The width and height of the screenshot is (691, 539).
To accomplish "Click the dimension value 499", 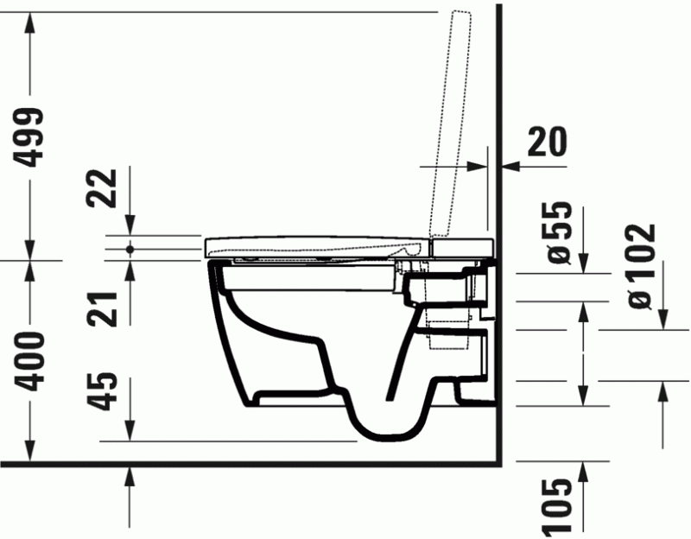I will point(31,136).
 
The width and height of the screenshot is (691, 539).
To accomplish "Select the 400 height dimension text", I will point(31,360).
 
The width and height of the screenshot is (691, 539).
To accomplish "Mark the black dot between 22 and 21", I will point(130,248).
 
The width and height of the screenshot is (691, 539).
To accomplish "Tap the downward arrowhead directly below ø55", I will point(584,263).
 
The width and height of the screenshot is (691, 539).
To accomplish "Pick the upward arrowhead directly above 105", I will point(584,471).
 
